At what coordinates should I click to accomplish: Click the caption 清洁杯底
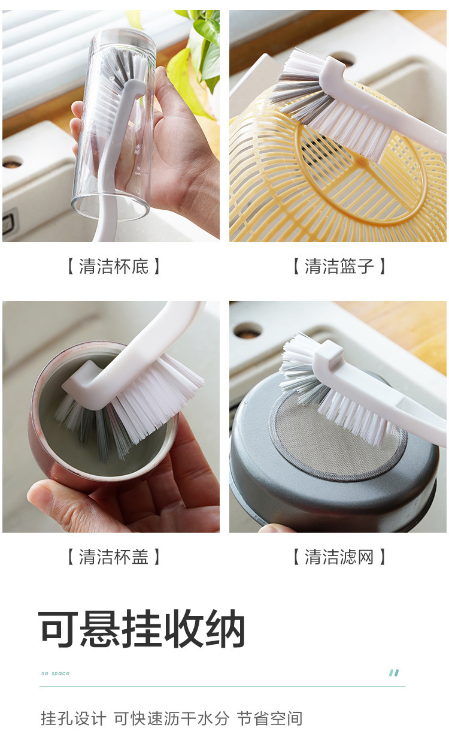(113, 267)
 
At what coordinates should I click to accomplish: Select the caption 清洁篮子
(339, 267)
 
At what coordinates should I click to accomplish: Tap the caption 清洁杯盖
(113, 557)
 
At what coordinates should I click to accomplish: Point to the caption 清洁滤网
(339, 557)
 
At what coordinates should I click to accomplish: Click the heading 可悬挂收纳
(142, 629)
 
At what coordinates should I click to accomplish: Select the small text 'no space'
(55, 673)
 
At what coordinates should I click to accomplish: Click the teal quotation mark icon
(394, 673)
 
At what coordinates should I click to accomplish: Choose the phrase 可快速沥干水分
(171, 718)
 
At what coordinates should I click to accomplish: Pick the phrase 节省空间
(269, 718)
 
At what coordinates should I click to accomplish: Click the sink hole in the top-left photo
(12, 162)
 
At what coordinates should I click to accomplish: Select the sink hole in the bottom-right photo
(247, 330)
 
